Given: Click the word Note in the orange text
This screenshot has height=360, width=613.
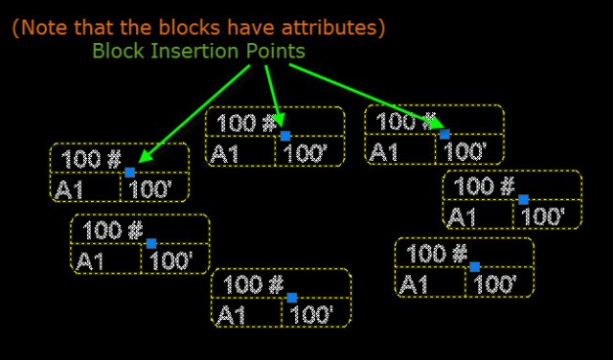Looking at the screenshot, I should (43, 28).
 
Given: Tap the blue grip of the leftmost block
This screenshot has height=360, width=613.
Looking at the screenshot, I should (129, 172).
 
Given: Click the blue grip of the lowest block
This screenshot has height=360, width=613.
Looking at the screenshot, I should (291, 298).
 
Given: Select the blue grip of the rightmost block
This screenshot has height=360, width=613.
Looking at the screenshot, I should (522, 199).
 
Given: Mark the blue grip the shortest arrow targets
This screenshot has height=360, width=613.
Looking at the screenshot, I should (284, 135).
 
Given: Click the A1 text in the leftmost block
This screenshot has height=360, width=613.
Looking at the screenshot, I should (71, 189).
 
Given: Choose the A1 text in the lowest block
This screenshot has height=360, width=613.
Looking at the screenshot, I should (232, 314).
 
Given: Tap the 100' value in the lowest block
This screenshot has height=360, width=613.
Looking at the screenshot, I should (311, 314).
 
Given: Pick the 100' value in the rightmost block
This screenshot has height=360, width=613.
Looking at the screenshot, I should (543, 216).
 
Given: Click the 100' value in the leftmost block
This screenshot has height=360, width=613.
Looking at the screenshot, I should (149, 189).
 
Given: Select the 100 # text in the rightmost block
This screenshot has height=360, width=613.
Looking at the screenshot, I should (484, 185).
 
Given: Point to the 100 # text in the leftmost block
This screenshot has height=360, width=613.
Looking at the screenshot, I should (91, 158).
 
